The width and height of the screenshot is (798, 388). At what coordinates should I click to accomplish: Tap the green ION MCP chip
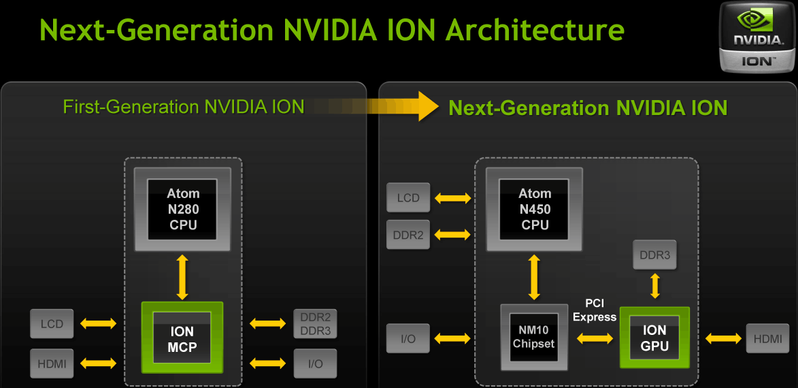click(x=182, y=338)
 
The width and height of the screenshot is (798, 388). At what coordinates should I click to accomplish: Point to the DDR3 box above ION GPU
click(x=655, y=255)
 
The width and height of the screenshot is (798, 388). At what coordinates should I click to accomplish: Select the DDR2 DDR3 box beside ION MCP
click(x=315, y=323)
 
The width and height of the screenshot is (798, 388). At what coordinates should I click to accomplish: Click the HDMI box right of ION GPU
click(x=768, y=338)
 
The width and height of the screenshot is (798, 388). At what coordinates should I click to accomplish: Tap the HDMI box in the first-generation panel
click(x=52, y=364)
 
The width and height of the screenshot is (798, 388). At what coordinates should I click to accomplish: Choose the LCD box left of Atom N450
click(x=408, y=198)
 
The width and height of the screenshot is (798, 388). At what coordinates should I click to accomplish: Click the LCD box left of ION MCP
click(x=52, y=323)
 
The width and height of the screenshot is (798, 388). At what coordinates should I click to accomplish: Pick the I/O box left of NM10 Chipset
click(x=408, y=338)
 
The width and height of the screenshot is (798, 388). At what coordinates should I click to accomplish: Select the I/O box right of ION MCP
click(x=315, y=364)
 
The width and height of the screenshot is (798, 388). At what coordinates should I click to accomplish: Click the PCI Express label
click(x=594, y=310)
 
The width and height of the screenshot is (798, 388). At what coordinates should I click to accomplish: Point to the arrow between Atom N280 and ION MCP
click(x=182, y=277)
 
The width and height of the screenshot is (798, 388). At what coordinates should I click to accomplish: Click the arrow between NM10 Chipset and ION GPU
click(x=595, y=338)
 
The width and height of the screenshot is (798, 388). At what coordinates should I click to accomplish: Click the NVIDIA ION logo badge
click(x=757, y=37)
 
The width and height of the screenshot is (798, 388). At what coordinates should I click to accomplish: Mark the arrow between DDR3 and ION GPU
click(x=655, y=286)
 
